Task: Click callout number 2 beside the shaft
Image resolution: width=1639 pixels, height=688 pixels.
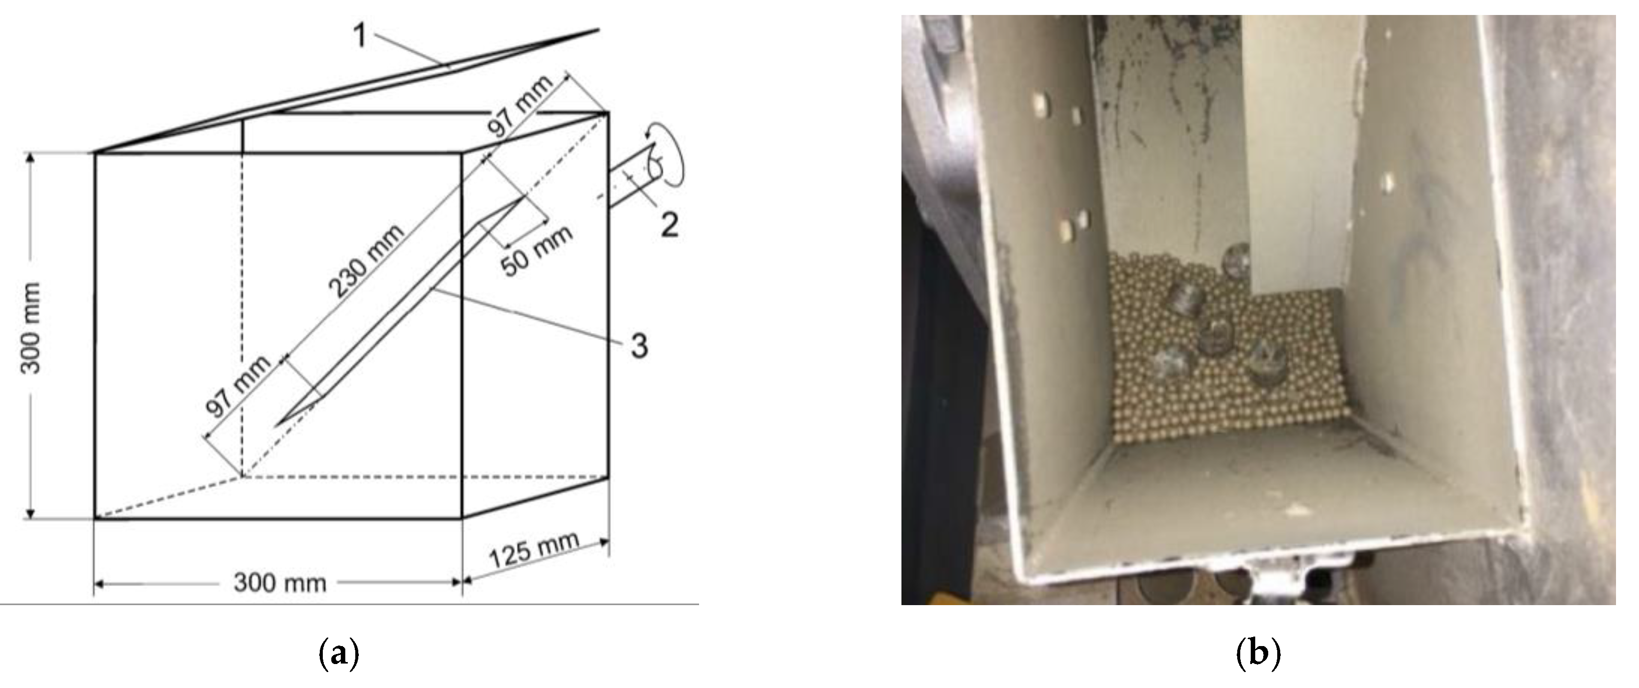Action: pyautogui.click(x=669, y=225)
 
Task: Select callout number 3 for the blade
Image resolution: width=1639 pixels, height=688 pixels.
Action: pyautogui.click(x=639, y=346)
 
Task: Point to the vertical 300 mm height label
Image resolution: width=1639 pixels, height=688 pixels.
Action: pyautogui.click(x=30, y=328)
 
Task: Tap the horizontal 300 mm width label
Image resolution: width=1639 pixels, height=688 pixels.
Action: pyautogui.click(x=279, y=583)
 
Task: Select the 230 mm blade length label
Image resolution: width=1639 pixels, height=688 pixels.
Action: pyautogui.click(x=366, y=261)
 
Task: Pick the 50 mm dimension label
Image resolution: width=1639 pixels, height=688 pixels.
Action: pyautogui.click(x=536, y=251)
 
